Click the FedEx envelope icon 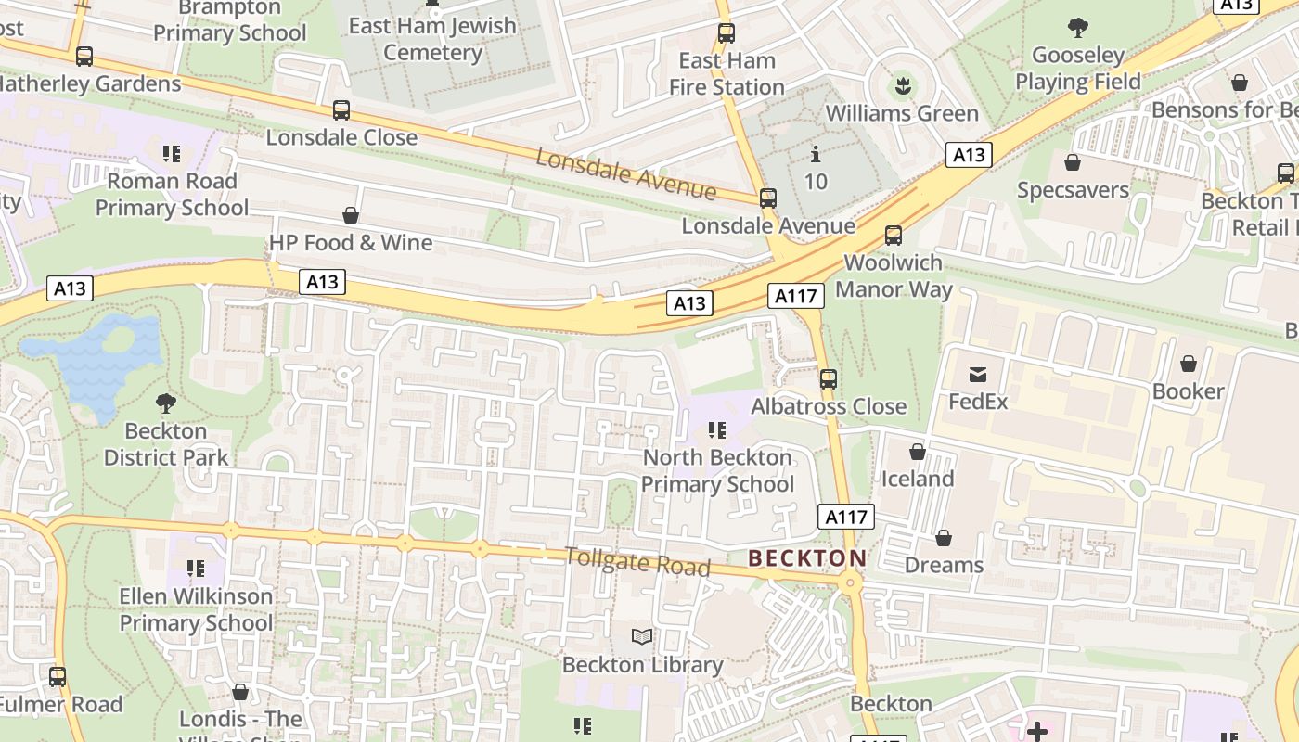[978, 375]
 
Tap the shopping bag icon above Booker [1189, 364]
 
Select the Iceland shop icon [918, 452]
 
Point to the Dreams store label [944, 565]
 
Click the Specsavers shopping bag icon [1073, 162]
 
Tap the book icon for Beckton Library [642, 636]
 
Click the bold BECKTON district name [806, 558]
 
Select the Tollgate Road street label [637, 561]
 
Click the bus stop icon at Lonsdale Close [341, 110]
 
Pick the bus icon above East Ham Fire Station [727, 33]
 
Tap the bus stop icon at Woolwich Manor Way [894, 236]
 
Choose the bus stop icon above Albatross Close [829, 379]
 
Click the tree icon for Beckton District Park [166, 403]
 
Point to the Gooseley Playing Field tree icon [1078, 28]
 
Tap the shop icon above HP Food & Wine [351, 215]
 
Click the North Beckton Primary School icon [717, 430]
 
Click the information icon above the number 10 [816, 153]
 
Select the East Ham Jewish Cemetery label [432, 39]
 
